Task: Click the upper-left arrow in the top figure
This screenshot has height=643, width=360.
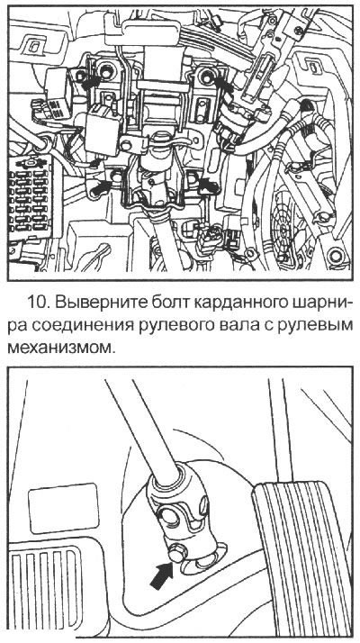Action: point(89,78)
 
